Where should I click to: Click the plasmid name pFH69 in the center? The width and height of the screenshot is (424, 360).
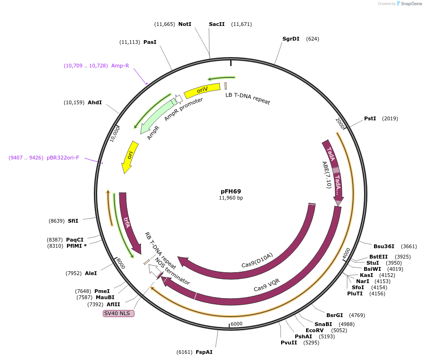click(231, 191)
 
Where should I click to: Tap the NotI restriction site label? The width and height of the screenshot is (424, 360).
click(185, 24)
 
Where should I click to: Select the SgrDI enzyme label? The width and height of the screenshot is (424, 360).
click(291, 39)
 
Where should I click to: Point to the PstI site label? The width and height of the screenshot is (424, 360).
click(370, 118)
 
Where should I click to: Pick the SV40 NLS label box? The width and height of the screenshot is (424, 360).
click(118, 313)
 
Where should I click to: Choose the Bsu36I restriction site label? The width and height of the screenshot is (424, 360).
click(384, 246)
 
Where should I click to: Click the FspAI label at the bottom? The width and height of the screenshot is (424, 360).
click(204, 352)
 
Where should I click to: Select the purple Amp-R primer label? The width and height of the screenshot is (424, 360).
click(120, 66)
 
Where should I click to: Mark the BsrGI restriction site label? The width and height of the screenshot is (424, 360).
click(335, 315)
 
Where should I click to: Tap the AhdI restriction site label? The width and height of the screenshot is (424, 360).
click(95, 102)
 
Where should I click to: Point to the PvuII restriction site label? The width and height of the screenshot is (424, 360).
click(289, 343)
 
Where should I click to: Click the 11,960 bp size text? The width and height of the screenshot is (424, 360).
click(231, 198)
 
